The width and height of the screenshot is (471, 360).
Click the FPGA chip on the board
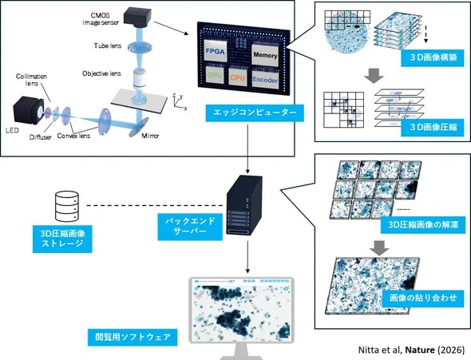[x=215, y=51]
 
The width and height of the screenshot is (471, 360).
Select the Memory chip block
[x=265, y=54]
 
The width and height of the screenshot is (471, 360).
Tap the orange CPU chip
[x=237, y=77]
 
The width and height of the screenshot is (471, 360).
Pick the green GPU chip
[x=215, y=75]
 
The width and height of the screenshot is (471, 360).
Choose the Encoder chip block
[x=265, y=80]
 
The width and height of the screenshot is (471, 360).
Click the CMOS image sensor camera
[x=138, y=17]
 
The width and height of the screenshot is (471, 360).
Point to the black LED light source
[x=29, y=110]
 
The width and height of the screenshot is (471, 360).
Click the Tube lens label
[x=108, y=46]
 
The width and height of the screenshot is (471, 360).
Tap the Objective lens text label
[x=101, y=73]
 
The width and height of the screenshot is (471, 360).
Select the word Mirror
[x=150, y=136]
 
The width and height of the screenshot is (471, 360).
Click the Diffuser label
[x=40, y=137]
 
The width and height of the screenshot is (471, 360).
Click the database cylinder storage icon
[x=67, y=207]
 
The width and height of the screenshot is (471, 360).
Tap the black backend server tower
[x=244, y=205]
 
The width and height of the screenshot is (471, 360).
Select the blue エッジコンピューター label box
[x=255, y=113]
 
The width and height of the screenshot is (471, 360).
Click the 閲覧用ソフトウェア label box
[x=133, y=337]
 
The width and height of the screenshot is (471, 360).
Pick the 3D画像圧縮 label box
[x=433, y=128]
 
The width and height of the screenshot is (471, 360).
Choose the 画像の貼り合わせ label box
[x=423, y=299]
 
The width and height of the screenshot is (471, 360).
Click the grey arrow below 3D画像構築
[x=374, y=76]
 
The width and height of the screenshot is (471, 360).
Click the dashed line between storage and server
[x=155, y=206]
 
